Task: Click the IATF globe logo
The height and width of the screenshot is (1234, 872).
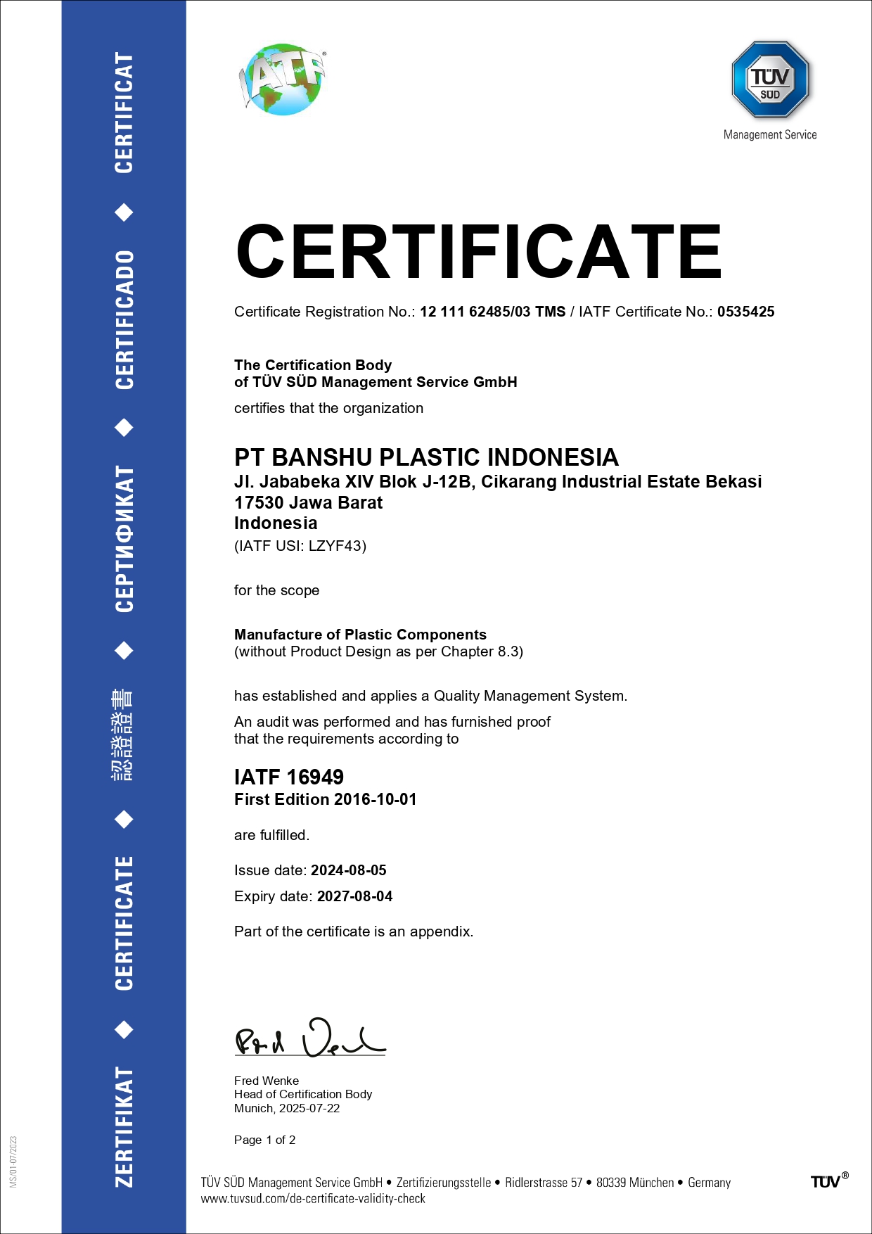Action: pyautogui.click(x=283, y=79)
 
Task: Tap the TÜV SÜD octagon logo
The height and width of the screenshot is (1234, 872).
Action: pyautogui.click(x=770, y=79)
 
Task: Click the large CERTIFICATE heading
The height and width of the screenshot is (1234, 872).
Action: pyautogui.click(x=479, y=252)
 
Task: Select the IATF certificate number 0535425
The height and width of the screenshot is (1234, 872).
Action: pyautogui.click(x=745, y=312)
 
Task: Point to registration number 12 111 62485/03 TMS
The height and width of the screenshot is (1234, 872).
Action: pyautogui.click(x=492, y=312)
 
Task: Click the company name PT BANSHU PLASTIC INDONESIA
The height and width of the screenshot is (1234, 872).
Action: pyautogui.click(x=426, y=457)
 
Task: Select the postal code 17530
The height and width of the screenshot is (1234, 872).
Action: pyautogui.click(x=258, y=503)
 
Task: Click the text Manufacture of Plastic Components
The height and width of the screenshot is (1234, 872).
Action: pyautogui.click(x=360, y=635)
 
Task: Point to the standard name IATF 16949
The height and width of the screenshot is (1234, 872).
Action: pyautogui.click(x=289, y=777)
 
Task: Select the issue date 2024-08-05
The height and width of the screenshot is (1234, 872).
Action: pyautogui.click(x=349, y=870)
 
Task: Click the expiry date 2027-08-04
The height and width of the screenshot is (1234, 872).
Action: pyautogui.click(x=354, y=896)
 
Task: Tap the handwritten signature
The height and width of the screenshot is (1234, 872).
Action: pyautogui.click(x=309, y=1038)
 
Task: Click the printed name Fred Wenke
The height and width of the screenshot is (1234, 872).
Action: pyautogui.click(x=267, y=1081)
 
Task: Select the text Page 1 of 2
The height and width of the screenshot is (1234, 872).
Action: pyautogui.click(x=264, y=1140)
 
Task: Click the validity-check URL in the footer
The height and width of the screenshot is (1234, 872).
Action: pyautogui.click(x=313, y=1199)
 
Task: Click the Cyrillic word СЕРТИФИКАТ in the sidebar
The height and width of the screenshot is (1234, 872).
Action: pyautogui.click(x=124, y=539)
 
